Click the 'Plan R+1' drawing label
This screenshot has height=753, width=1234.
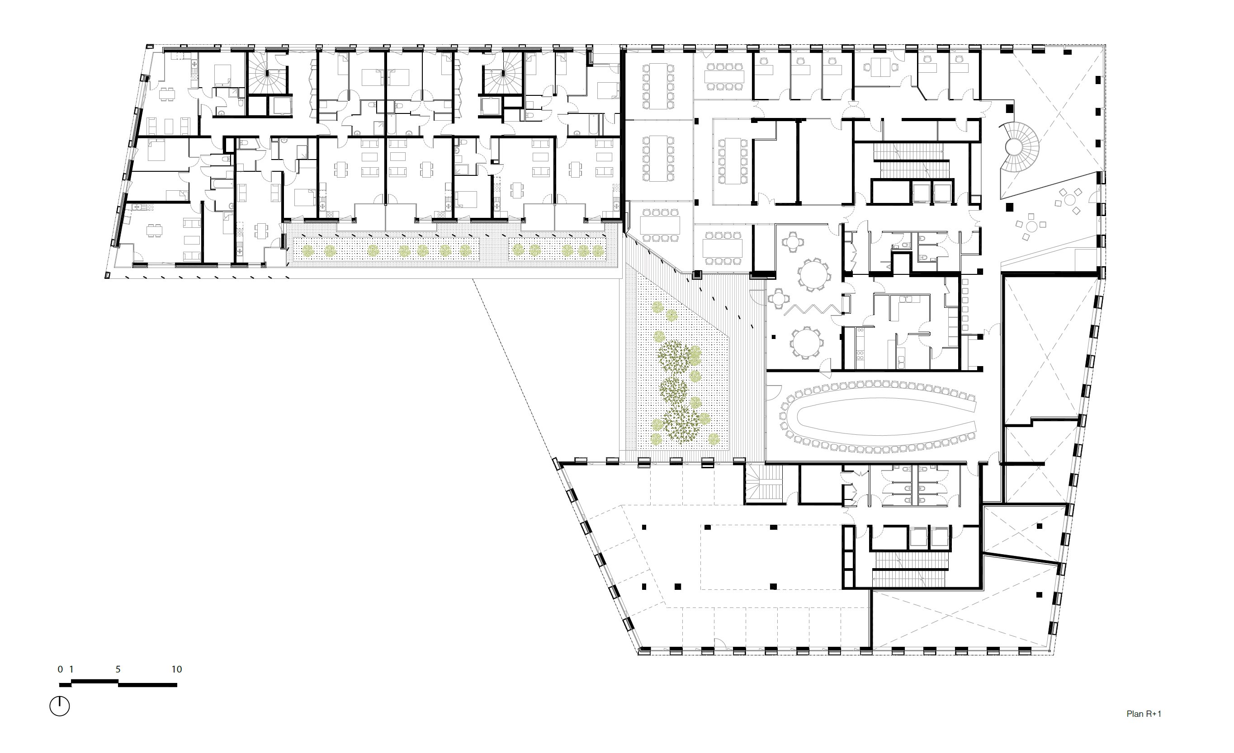coord(1144,714)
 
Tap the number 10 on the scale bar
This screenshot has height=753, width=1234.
coord(176,669)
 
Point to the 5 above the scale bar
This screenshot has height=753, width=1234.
coord(118,669)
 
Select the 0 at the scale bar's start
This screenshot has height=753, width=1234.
coord(60,669)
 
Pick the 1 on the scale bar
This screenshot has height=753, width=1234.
coord(71,669)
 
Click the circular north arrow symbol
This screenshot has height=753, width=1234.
coord(60,706)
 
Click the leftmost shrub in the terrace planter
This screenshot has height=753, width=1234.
coord(307,251)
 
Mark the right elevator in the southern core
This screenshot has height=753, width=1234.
coord(940,537)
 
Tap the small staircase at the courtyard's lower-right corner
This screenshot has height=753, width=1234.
coord(764,483)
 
